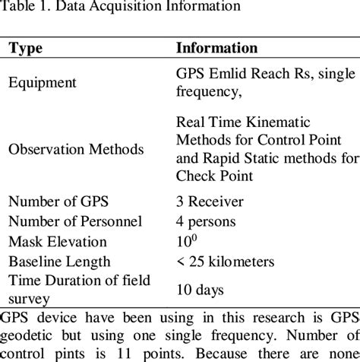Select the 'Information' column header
[x=216, y=48]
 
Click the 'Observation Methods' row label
[x=76, y=149]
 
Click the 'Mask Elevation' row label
[x=57, y=242]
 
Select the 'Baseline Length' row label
[x=58, y=261]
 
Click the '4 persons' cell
[x=205, y=222]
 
